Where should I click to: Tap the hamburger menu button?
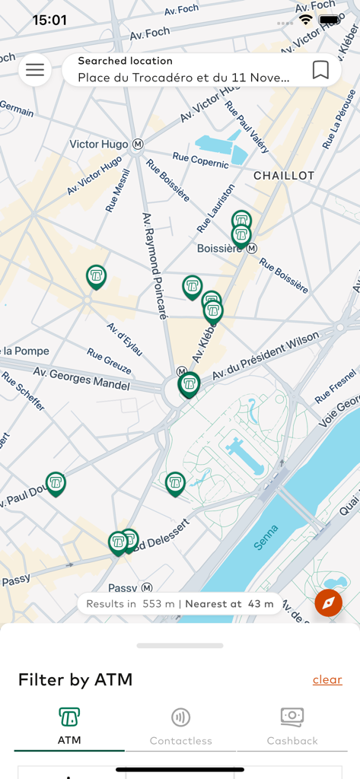(35, 70)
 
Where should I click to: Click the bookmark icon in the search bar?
(320, 70)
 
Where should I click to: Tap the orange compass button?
(328, 603)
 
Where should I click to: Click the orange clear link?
(327, 679)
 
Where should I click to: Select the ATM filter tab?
(69, 726)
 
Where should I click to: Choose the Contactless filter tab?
(180, 726)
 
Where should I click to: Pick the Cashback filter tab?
(292, 726)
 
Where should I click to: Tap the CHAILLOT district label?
(284, 175)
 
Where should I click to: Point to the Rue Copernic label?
(200, 160)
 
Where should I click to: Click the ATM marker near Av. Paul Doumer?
(56, 482)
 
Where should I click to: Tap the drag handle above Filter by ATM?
(180, 646)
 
